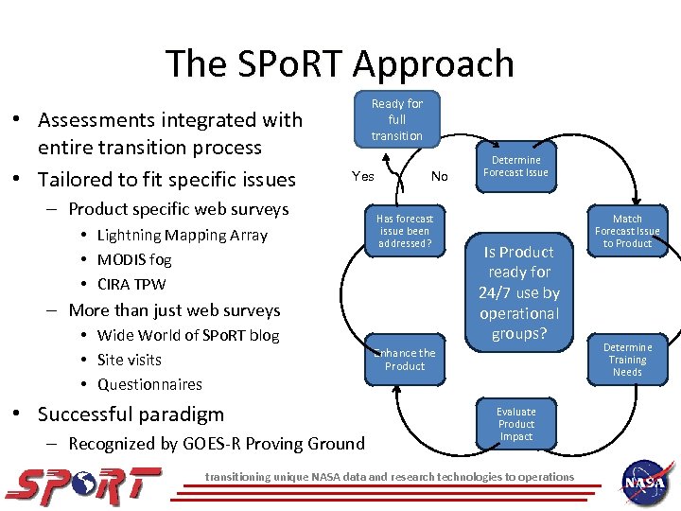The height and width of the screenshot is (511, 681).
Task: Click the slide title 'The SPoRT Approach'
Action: [340, 63]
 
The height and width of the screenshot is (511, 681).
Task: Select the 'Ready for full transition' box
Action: [397, 119]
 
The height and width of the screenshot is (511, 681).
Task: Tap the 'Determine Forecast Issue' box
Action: [516, 166]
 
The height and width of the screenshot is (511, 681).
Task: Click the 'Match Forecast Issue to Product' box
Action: [627, 231]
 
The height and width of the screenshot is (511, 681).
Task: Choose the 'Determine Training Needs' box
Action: [627, 360]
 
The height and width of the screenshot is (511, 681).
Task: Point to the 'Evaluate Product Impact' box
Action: [516, 424]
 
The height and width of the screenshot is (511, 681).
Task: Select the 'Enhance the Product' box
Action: [405, 360]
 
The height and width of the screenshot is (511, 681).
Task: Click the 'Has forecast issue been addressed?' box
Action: [405, 231]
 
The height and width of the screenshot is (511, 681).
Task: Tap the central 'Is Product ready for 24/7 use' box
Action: [519, 292]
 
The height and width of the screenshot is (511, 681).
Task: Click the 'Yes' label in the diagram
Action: [362, 176]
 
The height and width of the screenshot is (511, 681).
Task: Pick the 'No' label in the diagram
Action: [439, 176]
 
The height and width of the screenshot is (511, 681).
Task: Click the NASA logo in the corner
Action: [647, 481]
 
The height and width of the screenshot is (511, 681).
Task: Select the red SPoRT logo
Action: [83, 485]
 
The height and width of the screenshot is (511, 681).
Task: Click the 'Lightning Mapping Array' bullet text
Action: [182, 235]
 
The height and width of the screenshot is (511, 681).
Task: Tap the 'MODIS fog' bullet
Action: [134, 259]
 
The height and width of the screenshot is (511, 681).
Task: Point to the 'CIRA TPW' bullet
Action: [131, 284]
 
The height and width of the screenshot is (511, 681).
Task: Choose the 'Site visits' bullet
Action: [130, 360]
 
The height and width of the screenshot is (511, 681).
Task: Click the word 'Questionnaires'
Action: [149, 384]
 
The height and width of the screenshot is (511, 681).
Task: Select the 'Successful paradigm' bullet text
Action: [131, 414]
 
